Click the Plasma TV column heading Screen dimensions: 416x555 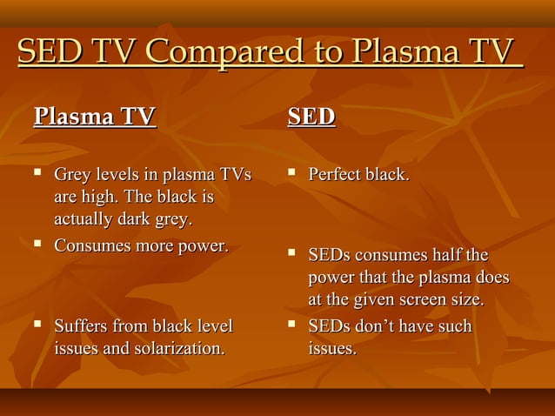click(x=94, y=116)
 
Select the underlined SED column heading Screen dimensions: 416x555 click(x=311, y=116)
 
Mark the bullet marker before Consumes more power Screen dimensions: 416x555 click(x=37, y=245)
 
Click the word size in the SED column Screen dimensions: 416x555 click(x=461, y=299)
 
